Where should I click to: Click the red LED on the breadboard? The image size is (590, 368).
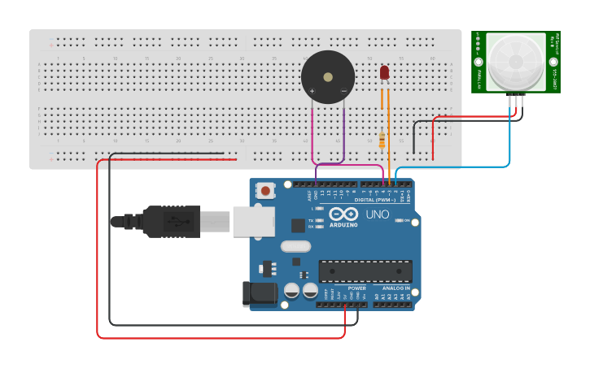point(384,73)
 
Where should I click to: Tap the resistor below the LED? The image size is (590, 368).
point(382,140)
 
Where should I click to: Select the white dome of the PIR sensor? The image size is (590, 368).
point(515,63)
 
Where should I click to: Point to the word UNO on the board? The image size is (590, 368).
point(377,214)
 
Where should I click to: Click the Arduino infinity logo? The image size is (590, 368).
point(343,214)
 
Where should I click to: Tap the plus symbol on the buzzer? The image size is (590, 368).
point(312,90)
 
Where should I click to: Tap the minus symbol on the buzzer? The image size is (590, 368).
point(343,90)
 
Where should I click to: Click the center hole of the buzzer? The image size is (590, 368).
point(327,77)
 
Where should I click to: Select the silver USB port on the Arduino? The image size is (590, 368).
point(253,221)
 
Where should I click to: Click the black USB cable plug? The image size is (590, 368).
point(171,221)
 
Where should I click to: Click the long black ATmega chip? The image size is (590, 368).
point(365,271)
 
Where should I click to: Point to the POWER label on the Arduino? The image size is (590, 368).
point(356,288)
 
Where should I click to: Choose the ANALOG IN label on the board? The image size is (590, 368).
point(396,288)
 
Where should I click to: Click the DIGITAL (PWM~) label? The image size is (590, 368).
point(375,200)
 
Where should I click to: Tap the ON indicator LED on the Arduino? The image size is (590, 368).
point(399,220)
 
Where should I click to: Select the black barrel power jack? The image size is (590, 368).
point(259,294)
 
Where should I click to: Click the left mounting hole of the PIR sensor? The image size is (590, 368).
point(478,62)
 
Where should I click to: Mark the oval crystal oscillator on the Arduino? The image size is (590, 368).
point(295,246)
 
